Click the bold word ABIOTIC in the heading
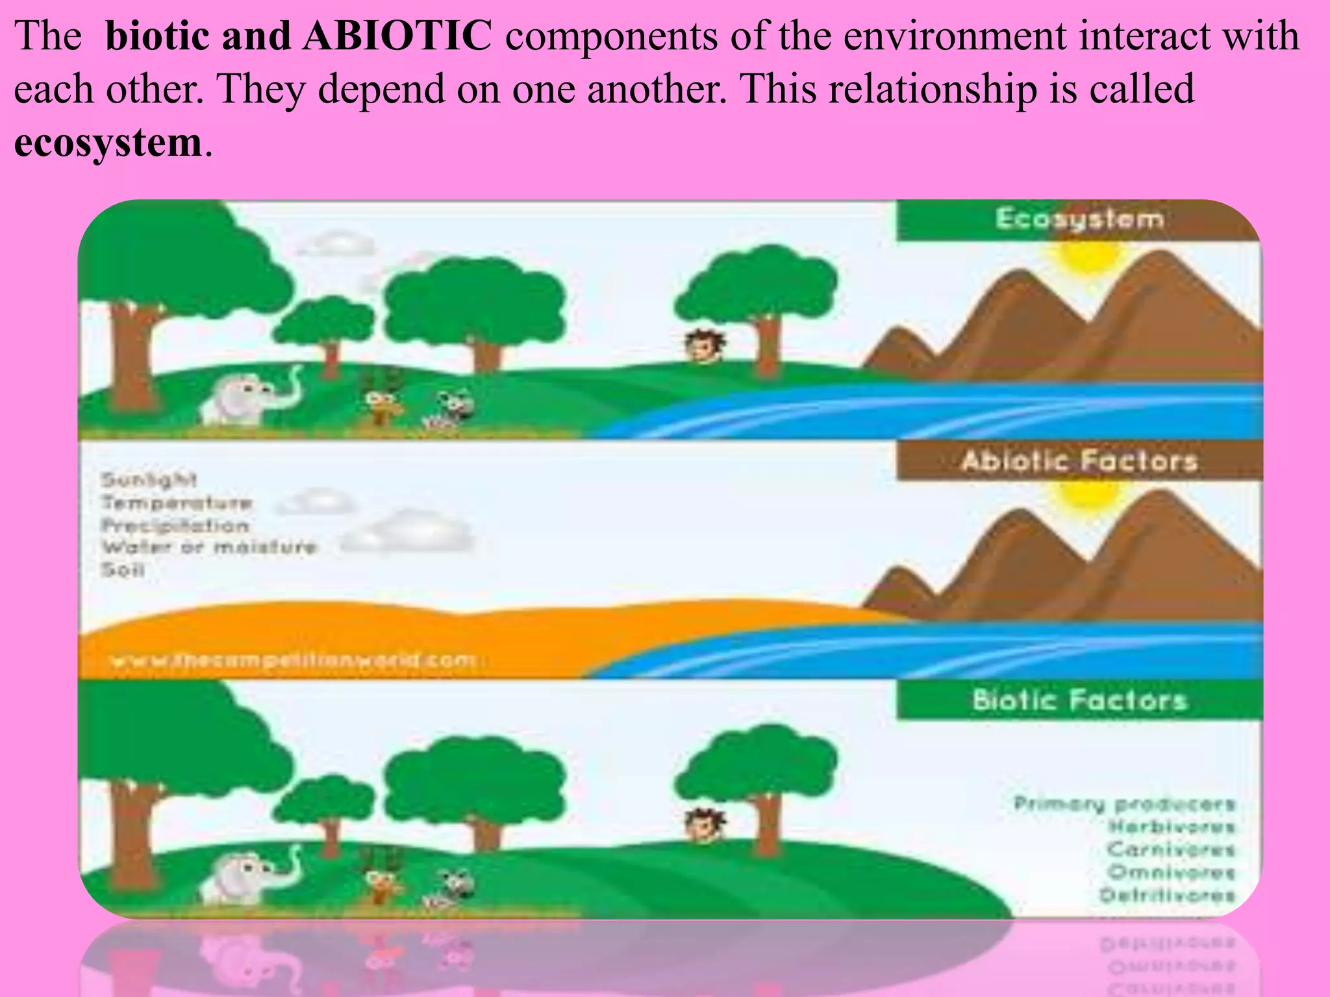point(396,36)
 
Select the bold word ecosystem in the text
point(108,142)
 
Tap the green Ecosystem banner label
point(1079,219)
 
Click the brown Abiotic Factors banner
point(1079,461)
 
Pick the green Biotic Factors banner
point(1079,700)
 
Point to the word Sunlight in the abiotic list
point(148,480)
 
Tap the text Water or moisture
point(208,547)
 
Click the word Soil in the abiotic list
point(122,570)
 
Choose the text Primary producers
point(1123,804)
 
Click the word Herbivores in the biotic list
point(1171,826)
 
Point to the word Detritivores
point(1166,895)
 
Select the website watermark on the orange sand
point(292,661)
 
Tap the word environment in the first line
point(954,36)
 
